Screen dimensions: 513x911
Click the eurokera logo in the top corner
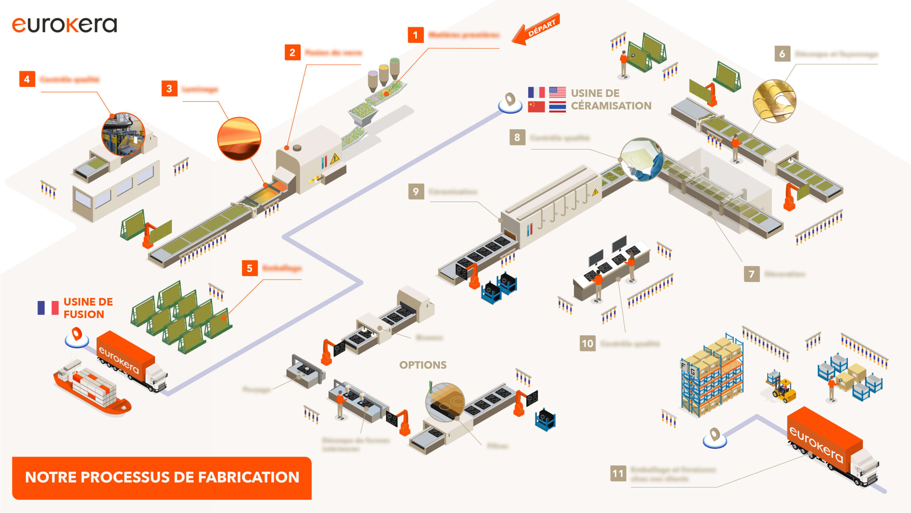(64, 25)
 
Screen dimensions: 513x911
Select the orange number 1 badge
(415, 35)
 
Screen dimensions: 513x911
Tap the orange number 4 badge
(27, 79)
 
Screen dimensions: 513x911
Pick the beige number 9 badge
(416, 192)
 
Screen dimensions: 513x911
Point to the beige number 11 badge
(618, 473)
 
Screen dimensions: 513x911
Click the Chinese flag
(536, 107)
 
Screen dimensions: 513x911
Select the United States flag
(557, 92)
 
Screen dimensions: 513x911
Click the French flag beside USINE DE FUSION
(48, 308)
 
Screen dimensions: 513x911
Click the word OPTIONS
(423, 365)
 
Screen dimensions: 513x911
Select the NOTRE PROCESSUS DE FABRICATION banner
(162, 478)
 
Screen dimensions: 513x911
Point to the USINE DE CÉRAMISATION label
(611, 99)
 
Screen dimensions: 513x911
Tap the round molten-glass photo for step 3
(239, 139)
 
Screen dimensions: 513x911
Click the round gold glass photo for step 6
(774, 101)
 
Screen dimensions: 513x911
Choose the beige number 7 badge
(752, 274)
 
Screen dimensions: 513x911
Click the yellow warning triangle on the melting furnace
(335, 159)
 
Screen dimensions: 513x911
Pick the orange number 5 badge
(249, 268)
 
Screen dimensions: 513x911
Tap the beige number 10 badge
(588, 344)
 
